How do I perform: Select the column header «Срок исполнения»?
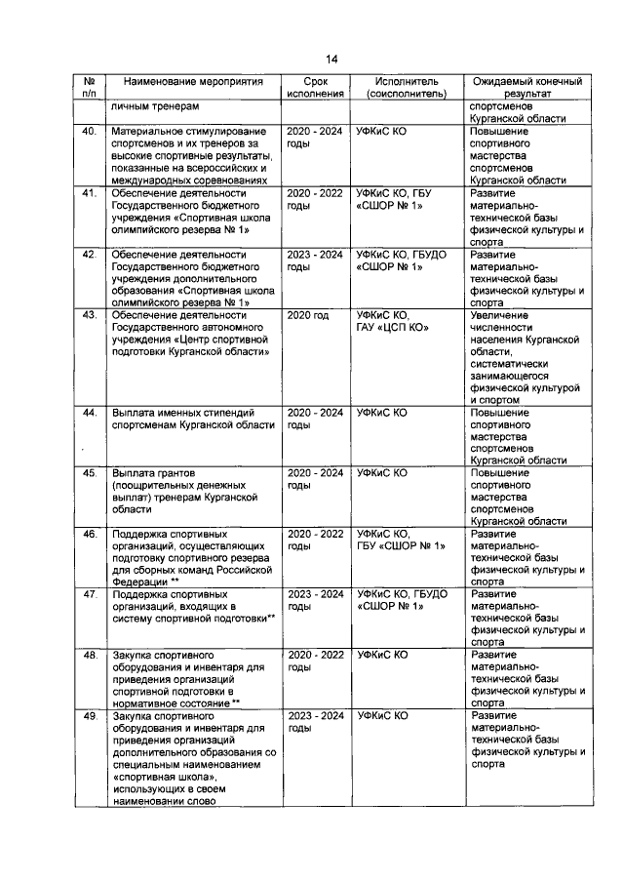pyautogui.click(x=316, y=87)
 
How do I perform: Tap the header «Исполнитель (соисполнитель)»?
pyautogui.click(x=406, y=87)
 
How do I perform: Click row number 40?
pyautogui.click(x=89, y=131)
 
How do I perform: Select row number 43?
pyautogui.click(x=89, y=316)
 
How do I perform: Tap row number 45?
pyautogui.click(x=89, y=473)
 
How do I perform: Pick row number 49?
pyautogui.click(x=89, y=715)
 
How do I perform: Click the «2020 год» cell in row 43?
pyautogui.click(x=308, y=316)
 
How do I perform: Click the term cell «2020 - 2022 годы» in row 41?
pyautogui.click(x=315, y=199)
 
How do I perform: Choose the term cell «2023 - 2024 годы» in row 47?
pyautogui.click(x=315, y=599)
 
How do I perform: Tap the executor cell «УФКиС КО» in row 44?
pyautogui.click(x=382, y=413)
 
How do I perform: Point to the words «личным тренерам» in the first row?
pyautogui.click(x=155, y=106)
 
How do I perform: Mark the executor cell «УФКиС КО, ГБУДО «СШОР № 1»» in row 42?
pyautogui.click(x=402, y=261)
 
